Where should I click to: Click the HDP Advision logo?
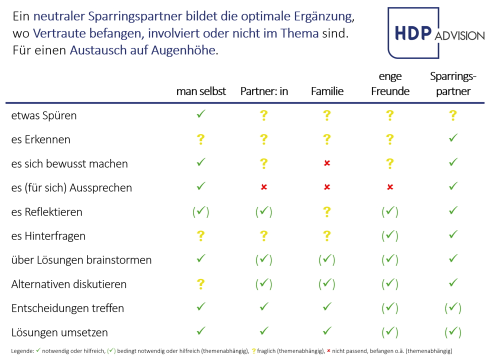point(435,32)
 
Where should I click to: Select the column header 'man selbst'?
point(201,91)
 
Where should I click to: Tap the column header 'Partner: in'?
point(264,91)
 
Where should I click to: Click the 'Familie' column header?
point(327,91)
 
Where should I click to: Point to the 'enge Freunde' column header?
point(390,84)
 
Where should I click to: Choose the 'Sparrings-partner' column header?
point(453,84)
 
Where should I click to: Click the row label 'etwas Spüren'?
point(44,115)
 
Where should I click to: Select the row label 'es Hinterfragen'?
point(48,236)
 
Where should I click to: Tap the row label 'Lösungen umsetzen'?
point(59,332)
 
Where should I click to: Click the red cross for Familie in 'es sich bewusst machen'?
point(327,163)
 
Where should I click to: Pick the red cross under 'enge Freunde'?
point(390,187)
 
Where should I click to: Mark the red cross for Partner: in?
point(264,187)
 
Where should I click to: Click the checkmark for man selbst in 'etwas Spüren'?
point(201,114)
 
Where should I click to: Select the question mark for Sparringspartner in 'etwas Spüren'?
point(453,115)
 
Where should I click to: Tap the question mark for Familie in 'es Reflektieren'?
point(327,212)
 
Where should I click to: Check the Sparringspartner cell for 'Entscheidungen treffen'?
point(453,308)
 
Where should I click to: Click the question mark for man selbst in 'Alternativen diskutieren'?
point(201,284)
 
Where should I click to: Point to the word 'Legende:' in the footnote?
point(22,351)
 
